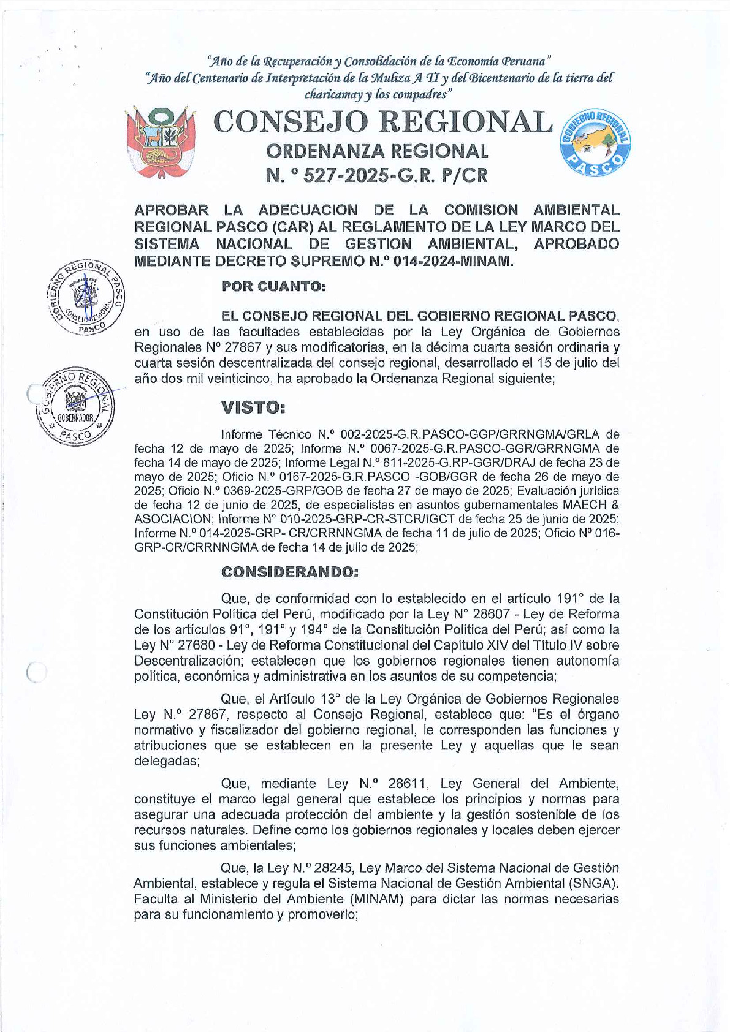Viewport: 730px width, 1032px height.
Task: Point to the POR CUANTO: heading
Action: pos(273,286)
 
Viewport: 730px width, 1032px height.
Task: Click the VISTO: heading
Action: pos(253,407)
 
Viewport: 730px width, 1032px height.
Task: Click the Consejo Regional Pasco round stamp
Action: pos(86,297)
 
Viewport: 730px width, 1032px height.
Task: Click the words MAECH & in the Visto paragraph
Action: pos(591,505)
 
